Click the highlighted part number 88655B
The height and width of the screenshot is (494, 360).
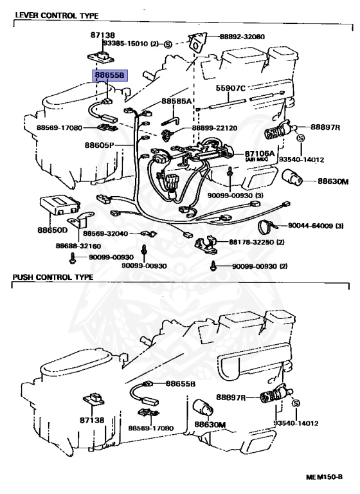click(x=109, y=75)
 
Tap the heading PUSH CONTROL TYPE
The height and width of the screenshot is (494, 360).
click(x=53, y=277)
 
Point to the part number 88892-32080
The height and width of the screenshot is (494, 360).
click(x=240, y=37)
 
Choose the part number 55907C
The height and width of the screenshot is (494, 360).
click(x=231, y=87)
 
